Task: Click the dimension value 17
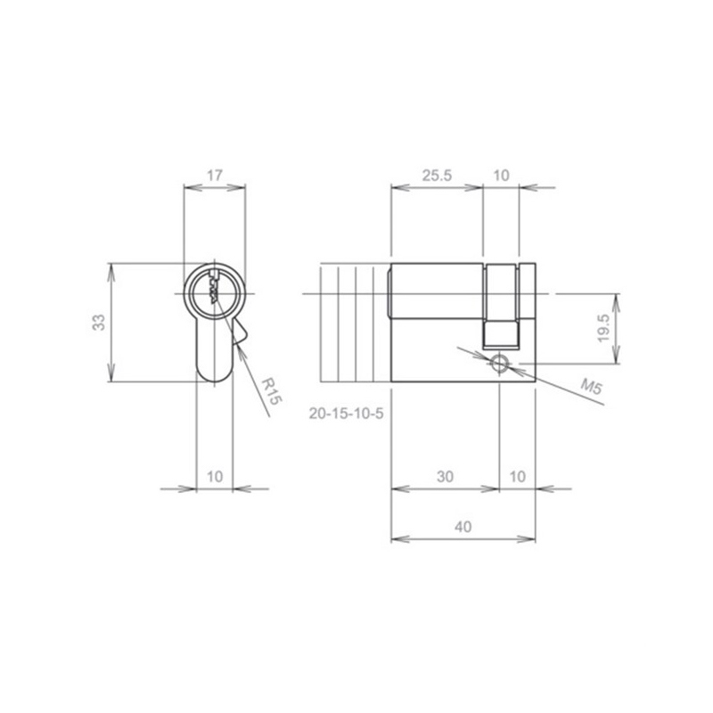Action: click(214, 175)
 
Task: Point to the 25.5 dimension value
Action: click(437, 175)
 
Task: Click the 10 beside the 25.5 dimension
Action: click(501, 175)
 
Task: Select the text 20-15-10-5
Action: click(345, 414)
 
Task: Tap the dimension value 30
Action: click(446, 477)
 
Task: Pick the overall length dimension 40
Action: click(463, 527)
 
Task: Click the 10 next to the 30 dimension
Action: click(516, 477)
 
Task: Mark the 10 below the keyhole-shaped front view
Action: click(214, 477)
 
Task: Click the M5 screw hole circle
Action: click(499, 362)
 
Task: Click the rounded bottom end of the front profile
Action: click(214, 374)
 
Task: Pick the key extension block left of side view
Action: click(354, 323)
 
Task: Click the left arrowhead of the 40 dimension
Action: click(397, 539)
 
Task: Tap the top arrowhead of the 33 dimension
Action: click(111, 267)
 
